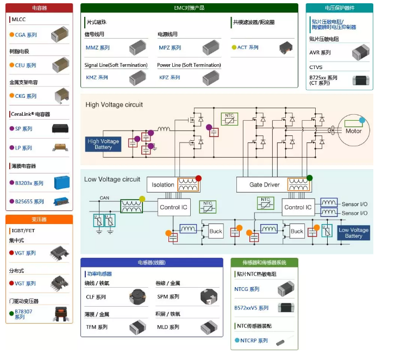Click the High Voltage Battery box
[103, 144]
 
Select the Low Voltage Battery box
[353, 233]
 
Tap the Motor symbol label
[353, 131]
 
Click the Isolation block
[162, 184]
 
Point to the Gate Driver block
[264, 184]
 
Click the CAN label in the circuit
[104, 198]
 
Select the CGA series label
[26, 35]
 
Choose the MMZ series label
[97, 48]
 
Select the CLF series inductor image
[138, 297]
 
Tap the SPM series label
[168, 297]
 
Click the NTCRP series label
[254, 340]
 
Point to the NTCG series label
[247, 289]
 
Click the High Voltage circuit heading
[114, 104]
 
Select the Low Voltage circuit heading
[112, 179]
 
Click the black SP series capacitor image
[60, 129]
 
